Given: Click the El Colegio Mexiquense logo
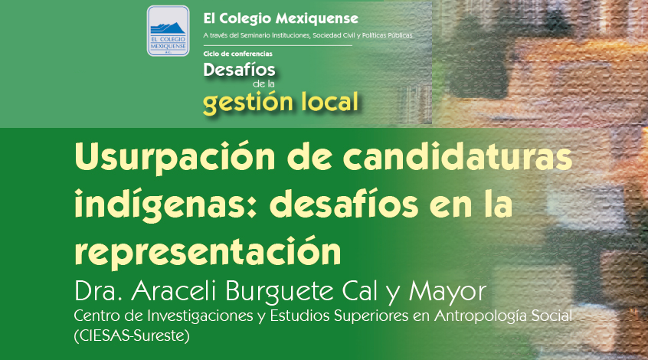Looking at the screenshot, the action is coord(169,31).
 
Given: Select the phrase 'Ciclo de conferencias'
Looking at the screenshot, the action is coord(237,54).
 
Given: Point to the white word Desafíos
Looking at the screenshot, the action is coord(239,70).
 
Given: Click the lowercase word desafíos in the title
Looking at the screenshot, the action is coord(343,203).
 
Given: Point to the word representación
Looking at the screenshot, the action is coord(208,250).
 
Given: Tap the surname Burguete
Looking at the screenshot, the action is coord(280,293).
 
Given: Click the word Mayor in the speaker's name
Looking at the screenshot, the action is coord(447,293).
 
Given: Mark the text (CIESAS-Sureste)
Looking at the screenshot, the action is coord(132,335).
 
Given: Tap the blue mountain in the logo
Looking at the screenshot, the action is coord(168,28).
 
